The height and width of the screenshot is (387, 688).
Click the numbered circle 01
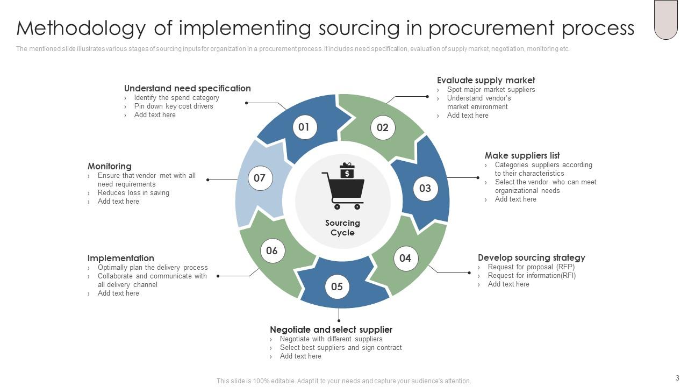coord(304,127)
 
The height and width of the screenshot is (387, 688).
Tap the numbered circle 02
coord(383,128)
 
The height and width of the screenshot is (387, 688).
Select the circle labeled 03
coord(425,188)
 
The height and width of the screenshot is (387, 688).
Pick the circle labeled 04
coord(405,259)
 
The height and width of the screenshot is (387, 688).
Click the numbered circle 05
coord(337,286)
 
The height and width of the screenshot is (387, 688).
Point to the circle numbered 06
coord(272,251)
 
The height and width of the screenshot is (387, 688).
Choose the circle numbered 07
coord(260,178)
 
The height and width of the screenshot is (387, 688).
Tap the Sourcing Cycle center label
coord(342,228)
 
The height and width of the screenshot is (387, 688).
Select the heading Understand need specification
coord(187,88)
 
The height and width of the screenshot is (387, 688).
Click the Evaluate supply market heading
coord(485,80)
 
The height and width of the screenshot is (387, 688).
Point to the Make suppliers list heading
coord(522,155)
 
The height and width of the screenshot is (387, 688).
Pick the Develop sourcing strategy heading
coord(531,257)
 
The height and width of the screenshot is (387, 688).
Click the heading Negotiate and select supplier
coord(331,329)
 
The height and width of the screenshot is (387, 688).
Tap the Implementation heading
coord(120,258)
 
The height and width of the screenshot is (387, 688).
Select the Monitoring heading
coord(109,166)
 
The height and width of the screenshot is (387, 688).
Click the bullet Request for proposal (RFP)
coord(531,267)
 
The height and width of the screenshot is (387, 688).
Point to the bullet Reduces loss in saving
coord(133,193)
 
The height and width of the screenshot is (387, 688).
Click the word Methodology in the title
coord(81,28)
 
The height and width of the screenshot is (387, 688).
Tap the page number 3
coord(677,378)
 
